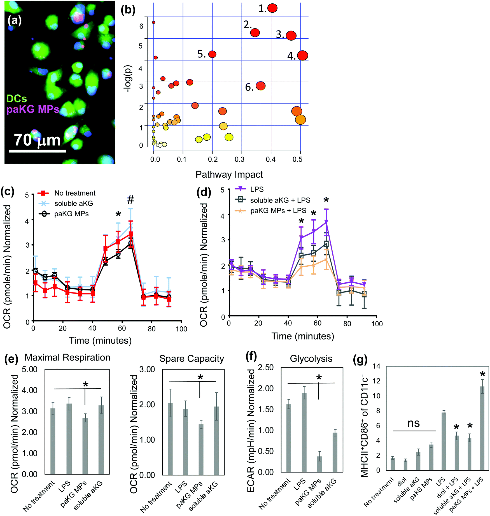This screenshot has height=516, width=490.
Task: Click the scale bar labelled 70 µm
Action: pyautogui.click(x=38, y=151)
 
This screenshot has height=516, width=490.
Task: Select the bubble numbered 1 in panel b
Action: pyautogui.click(x=272, y=8)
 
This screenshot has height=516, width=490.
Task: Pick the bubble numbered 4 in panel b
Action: pyautogui.click(x=302, y=55)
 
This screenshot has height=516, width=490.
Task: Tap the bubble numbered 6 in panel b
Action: pyautogui.click(x=260, y=86)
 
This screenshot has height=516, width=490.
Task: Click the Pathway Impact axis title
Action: pyautogui.click(x=229, y=175)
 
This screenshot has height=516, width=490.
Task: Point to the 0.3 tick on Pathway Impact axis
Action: pyautogui.click(x=239, y=159)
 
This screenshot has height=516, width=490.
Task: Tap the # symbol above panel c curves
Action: pyautogui.click(x=130, y=200)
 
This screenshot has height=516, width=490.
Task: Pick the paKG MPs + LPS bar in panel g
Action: pyautogui.click(x=482, y=428)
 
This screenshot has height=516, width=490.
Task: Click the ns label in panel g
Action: pyautogui.click(x=414, y=423)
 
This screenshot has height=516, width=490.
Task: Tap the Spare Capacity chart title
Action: pyautogui.click(x=192, y=359)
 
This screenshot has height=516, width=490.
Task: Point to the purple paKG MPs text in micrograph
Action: pyautogui.click(x=33, y=109)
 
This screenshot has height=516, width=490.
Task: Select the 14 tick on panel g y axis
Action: pyautogui.click(x=376, y=366)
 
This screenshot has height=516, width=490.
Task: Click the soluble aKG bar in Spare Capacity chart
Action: pyautogui.click(x=216, y=440)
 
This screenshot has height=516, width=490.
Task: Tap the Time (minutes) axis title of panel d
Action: pyautogui.click(x=303, y=336)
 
